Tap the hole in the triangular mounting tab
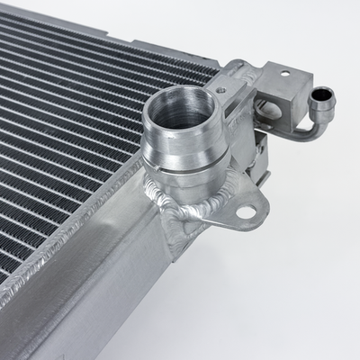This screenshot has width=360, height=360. pos(244,212)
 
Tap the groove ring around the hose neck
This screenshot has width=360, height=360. pos(184,163)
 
